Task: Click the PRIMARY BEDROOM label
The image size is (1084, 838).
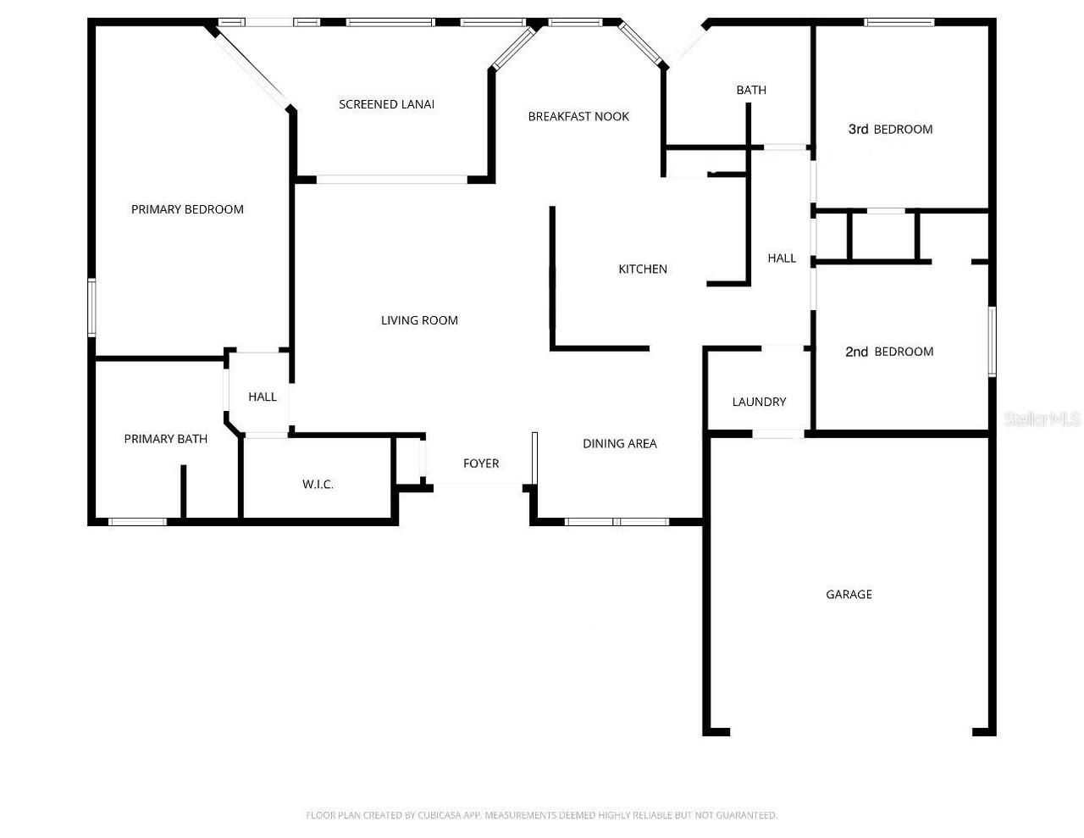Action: (x=187, y=209)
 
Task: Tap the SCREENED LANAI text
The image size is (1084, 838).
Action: (x=387, y=104)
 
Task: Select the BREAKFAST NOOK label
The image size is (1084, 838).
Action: (x=578, y=116)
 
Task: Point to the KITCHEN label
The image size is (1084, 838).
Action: (x=643, y=269)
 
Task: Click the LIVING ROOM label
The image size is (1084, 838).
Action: (x=419, y=320)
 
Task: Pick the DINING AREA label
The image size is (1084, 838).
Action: (x=620, y=444)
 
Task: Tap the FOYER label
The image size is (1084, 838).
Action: (x=481, y=463)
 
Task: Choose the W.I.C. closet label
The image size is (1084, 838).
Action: (x=318, y=484)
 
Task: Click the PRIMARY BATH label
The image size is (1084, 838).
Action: (x=166, y=439)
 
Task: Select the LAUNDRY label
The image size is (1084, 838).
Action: (x=760, y=402)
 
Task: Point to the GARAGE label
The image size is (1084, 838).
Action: (x=849, y=595)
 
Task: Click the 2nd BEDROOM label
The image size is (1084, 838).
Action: (x=889, y=352)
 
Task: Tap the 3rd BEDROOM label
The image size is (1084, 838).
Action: (x=890, y=130)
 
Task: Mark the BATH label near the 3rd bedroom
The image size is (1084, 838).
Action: (x=751, y=90)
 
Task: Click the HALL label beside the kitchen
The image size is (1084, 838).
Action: (x=782, y=258)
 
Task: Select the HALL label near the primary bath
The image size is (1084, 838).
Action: (x=263, y=397)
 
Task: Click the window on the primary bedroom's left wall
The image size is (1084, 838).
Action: (x=91, y=308)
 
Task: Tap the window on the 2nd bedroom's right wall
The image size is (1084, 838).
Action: (x=993, y=341)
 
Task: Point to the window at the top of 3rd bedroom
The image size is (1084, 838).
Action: (x=899, y=22)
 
